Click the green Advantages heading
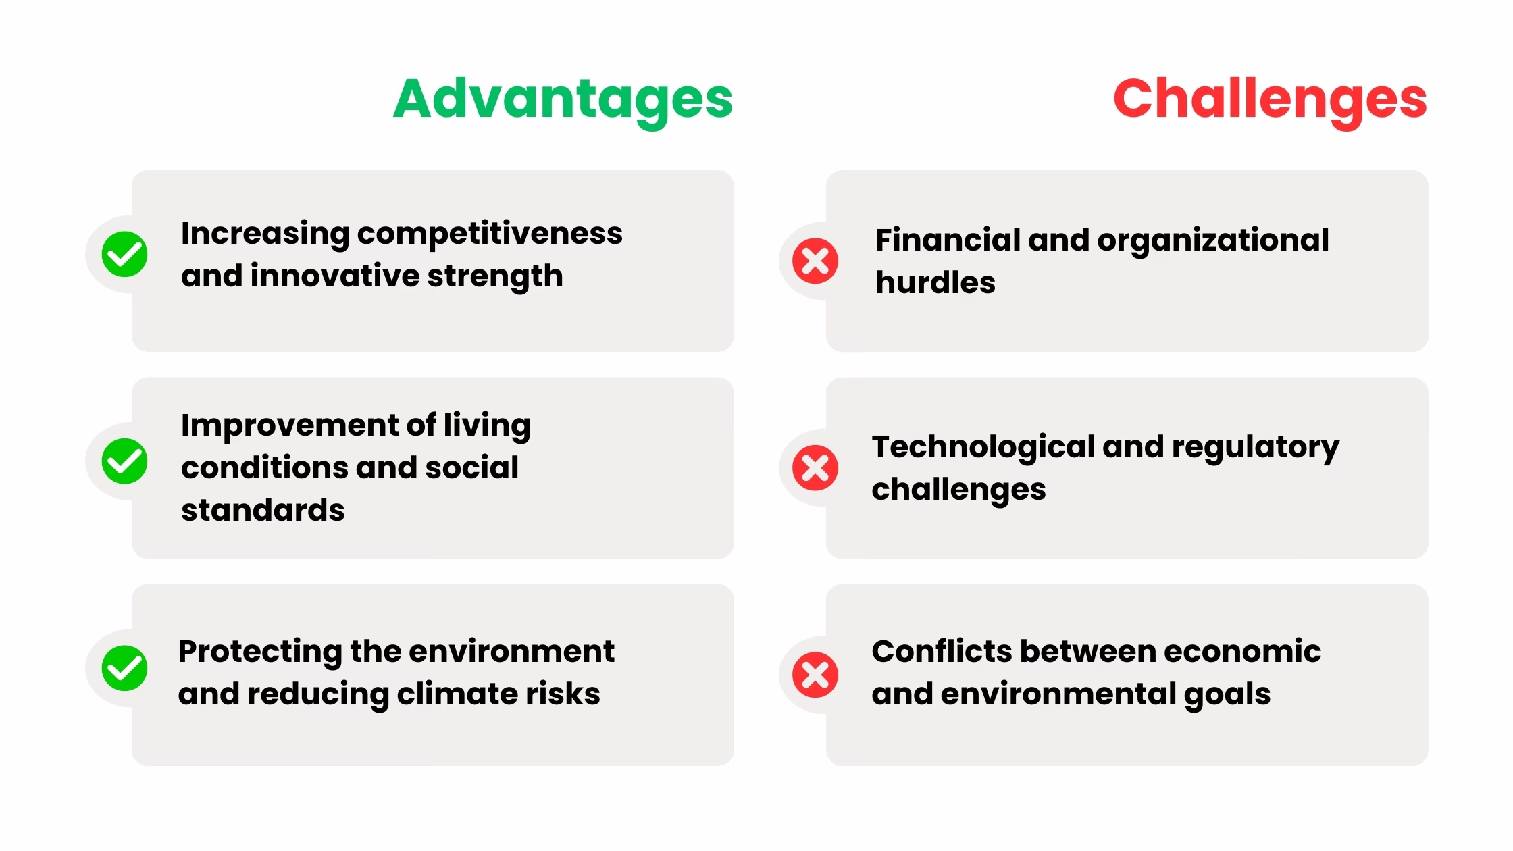click(563, 99)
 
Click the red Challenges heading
click(1270, 99)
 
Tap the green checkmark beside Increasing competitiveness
click(125, 255)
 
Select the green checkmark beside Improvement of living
click(125, 461)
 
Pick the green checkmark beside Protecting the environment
click(125, 669)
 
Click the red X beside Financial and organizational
click(815, 261)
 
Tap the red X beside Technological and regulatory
click(815, 467)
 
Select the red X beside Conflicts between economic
click(815, 675)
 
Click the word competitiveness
click(490, 234)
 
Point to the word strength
click(495, 276)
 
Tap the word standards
click(263, 510)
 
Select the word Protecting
click(260, 652)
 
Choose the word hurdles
click(935, 282)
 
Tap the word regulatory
click(1255, 447)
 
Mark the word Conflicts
click(941, 652)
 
